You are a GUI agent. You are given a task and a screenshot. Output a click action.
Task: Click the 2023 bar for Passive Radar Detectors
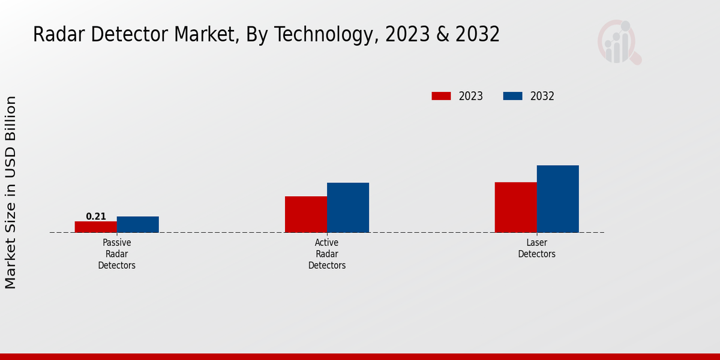[96, 227]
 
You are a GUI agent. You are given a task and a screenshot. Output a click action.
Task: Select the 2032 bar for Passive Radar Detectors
[138, 224]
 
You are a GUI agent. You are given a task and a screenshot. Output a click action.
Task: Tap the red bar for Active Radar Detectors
[306, 214]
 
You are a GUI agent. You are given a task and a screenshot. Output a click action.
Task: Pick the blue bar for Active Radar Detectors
[348, 208]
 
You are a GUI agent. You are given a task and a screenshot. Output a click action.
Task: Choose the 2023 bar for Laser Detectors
[515, 207]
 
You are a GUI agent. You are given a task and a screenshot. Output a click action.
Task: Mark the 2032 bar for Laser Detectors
[557, 199]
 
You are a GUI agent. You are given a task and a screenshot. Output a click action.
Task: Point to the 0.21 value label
[96, 217]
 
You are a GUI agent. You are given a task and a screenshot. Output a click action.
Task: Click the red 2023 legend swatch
[441, 96]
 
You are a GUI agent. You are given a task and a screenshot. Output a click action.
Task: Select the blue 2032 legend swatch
[512, 96]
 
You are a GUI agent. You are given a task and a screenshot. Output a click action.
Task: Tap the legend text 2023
[471, 96]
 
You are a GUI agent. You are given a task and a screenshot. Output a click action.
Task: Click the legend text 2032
[542, 96]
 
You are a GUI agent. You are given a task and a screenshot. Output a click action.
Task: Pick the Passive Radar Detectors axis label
[117, 254]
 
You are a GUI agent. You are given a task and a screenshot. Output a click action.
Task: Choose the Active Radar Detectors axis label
[327, 254]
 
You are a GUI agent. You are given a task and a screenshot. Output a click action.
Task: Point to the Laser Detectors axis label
[537, 248]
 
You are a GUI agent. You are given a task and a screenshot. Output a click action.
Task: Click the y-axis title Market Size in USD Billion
[11, 192]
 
